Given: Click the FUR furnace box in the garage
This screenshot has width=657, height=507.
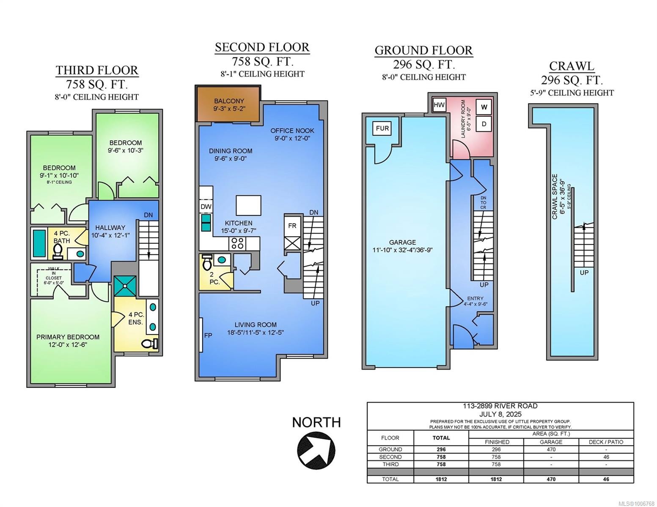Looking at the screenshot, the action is tap(382, 128).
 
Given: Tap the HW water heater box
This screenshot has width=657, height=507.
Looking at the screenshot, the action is tap(439, 105).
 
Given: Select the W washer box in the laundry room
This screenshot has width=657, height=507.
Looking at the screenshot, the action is tap(484, 107).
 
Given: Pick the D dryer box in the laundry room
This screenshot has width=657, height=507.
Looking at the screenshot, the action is tap(484, 124).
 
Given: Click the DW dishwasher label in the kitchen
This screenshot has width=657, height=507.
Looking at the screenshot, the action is tap(206, 207).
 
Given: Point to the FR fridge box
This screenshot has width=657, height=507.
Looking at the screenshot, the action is tap(292, 226).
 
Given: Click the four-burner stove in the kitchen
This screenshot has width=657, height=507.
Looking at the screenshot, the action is tap(237, 243).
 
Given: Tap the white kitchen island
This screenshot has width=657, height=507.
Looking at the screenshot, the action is tap(248, 205).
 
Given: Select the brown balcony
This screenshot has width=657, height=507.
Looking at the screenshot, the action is tap(228, 104).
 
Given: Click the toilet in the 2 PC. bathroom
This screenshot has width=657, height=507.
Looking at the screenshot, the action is tap(207, 262).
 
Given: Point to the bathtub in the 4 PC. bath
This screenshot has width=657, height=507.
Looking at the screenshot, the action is tap(39, 243).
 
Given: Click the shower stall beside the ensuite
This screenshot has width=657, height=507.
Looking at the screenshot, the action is tap(125, 286).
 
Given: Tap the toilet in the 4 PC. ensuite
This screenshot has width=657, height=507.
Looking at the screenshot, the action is tap(150, 343).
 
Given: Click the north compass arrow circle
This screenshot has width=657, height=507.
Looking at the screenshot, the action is tap(316, 450).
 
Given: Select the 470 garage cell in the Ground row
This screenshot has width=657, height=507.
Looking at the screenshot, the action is tap(551, 449).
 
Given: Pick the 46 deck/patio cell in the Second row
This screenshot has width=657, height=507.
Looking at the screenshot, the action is tap(606, 457).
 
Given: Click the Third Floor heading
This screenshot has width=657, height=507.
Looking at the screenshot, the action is tap(97, 71).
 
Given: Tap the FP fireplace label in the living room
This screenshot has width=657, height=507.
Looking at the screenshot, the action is tap(208, 335).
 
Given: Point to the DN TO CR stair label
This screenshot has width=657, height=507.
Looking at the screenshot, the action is tap(483, 203).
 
